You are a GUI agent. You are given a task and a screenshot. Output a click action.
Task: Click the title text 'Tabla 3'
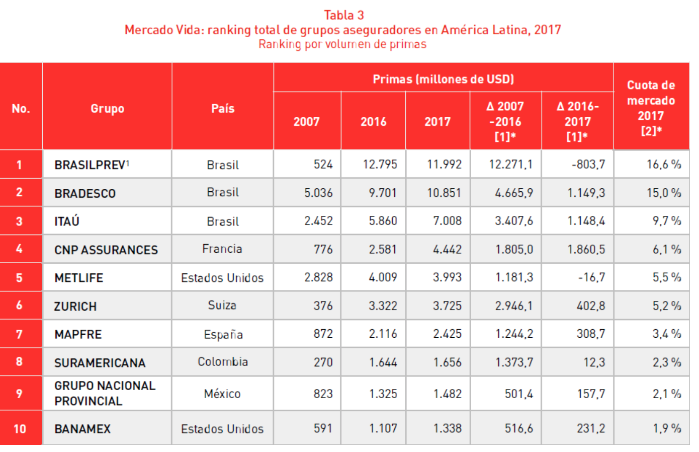pyautogui.click(x=343, y=15)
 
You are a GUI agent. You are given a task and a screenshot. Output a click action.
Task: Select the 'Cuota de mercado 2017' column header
pyautogui.click(x=651, y=108)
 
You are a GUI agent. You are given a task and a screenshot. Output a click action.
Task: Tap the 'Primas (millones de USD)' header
pyautogui.click(x=443, y=79)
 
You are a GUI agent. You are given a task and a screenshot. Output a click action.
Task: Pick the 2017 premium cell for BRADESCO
pyautogui.click(x=444, y=193)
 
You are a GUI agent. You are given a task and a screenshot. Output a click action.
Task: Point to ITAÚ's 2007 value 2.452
pyautogui.click(x=318, y=221)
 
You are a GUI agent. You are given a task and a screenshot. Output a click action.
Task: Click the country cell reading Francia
pyautogui.click(x=222, y=249)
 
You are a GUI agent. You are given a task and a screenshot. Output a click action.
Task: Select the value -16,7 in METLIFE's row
pyautogui.click(x=591, y=277)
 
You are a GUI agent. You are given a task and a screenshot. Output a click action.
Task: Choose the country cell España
pyautogui.click(x=223, y=334)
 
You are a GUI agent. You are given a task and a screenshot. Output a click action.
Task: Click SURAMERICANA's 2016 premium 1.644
pyautogui.click(x=383, y=362)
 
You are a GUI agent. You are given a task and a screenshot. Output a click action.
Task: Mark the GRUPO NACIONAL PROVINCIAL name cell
pyautogui.click(x=105, y=393)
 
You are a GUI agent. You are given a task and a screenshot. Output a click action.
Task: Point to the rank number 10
pyautogui.click(x=20, y=429)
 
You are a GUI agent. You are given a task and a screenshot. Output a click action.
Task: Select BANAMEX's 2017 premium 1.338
pyautogui.click(x=447, y=428)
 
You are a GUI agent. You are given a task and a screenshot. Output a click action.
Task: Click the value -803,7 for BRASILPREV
pyautogui.click(x=588, y=165)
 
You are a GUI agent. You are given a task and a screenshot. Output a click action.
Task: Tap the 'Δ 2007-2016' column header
pyautogui.click(x=505, y=121)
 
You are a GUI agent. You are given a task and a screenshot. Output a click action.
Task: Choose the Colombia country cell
pyautogui.click(x=223, y=362)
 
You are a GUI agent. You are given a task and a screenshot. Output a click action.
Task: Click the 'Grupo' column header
pyautogui.click(x=107, y=108)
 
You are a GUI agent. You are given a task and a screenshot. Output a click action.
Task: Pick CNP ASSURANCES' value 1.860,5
pyautogui.click(x=586, y=249)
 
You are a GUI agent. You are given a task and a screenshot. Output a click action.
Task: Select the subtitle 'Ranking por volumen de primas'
pyautogui.click(x=342, y=44)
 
